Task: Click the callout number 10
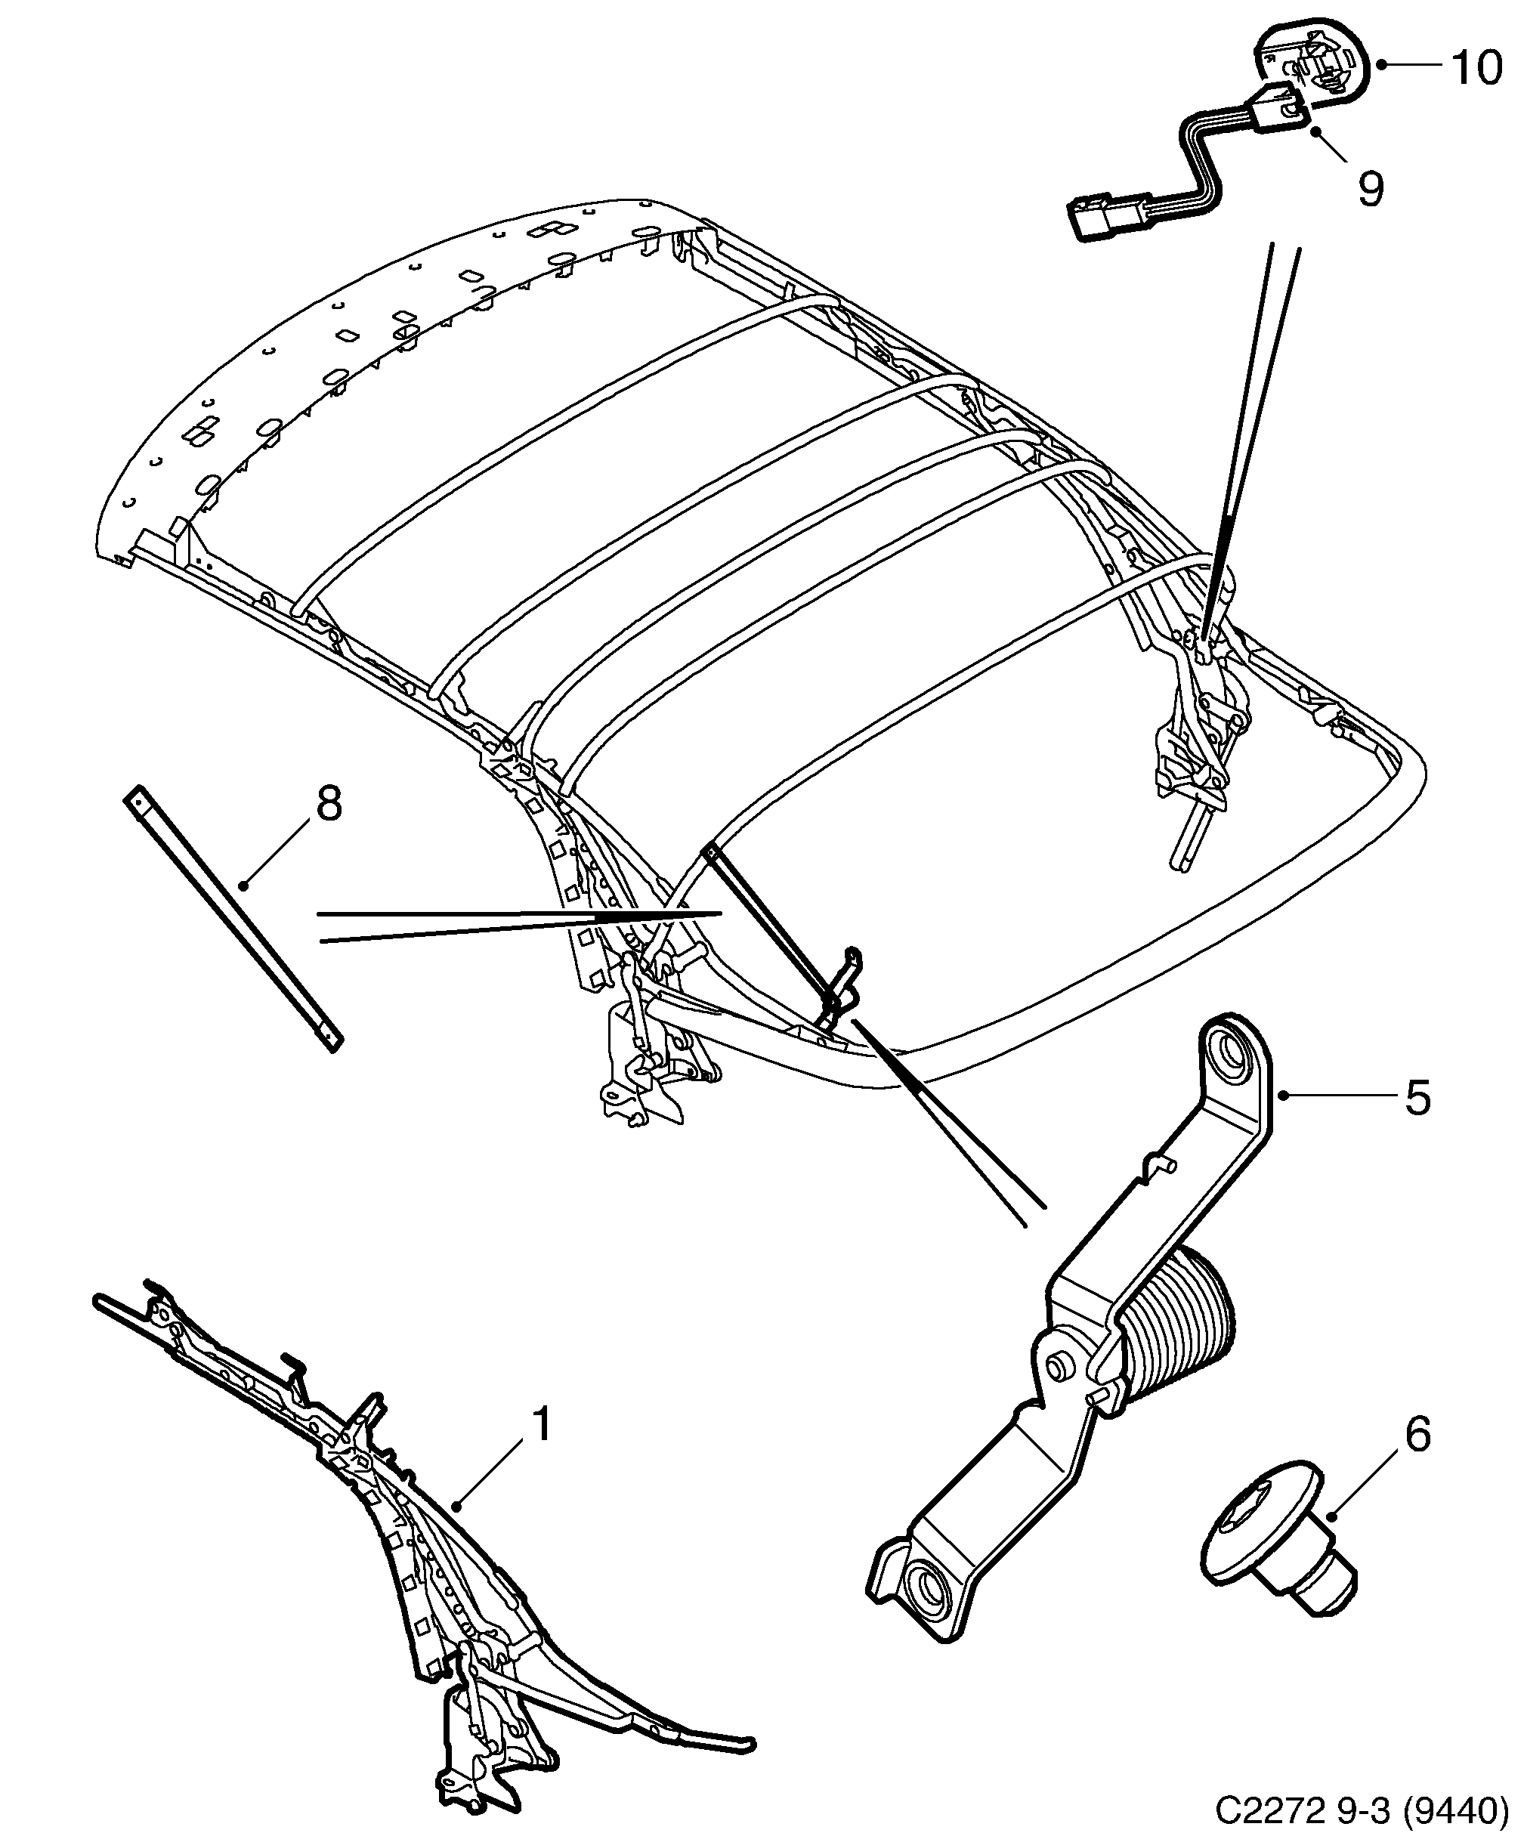pyautogui.click(x=1476, y=67)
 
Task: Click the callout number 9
pyautogui.click(x=1370, y=188)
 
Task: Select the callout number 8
pyautogui.click(x=328, y=802)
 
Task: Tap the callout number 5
pyautogui.click(x=1417, y=1098)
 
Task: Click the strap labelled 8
pyautogui.click(x=232, y=918)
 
